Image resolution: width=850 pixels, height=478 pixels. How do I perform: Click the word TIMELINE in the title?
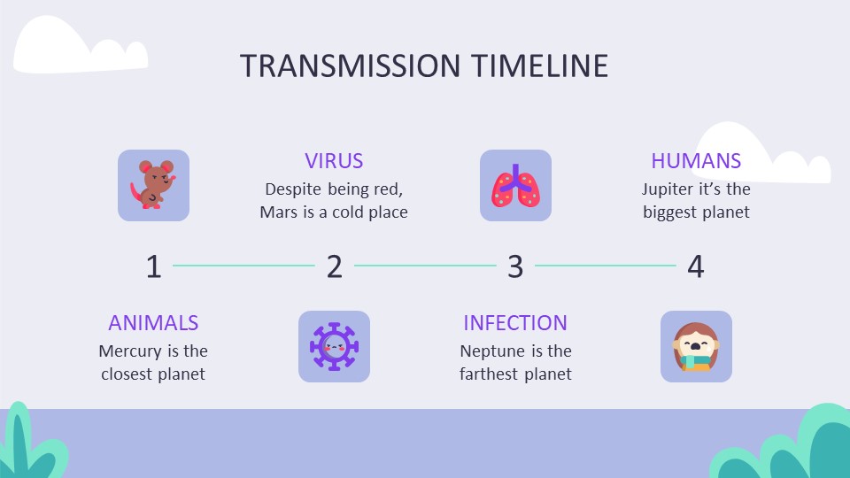pos(538,66)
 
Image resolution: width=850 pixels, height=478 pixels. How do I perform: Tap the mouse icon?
pos(153,185)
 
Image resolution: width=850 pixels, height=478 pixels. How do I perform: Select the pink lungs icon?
pos(515,185)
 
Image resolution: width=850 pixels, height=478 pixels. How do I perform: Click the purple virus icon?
pos(334,346)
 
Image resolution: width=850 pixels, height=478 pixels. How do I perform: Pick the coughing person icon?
pos(696,346)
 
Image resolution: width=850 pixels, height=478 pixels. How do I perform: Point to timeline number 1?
pos(153,266)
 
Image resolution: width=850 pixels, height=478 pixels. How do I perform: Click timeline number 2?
pos(334,266)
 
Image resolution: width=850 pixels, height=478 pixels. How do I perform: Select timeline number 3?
pos(515,266)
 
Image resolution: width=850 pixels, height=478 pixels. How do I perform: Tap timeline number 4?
pos(696,266)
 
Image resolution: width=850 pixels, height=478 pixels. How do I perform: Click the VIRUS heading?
pos(334,161)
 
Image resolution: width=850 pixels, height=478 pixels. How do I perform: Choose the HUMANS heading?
pos(696,161)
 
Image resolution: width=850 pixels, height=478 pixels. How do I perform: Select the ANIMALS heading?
pos(153,323)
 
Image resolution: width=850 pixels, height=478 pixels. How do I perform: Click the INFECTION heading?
pos(515,323)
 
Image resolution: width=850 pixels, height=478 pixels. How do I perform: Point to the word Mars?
pos(279,212)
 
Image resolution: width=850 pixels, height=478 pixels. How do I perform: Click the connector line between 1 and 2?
pos(243,265)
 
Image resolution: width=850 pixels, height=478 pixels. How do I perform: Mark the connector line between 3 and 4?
pos(606,265)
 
